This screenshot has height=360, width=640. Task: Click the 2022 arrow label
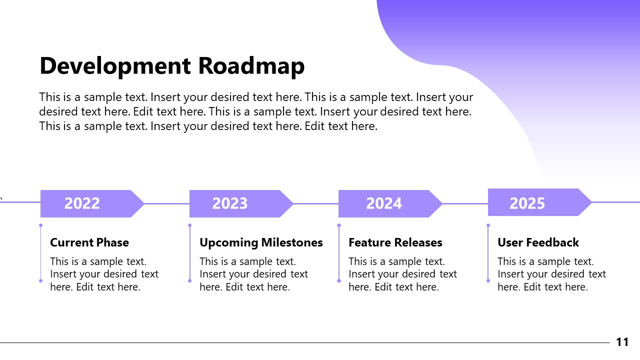tap(82, 203)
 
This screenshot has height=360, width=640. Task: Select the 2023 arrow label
tap(230, 203)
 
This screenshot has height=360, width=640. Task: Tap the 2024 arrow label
tap(383, 203)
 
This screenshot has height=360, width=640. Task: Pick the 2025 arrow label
tap(527, 203)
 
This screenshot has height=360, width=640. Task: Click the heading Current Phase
tap(89, 242)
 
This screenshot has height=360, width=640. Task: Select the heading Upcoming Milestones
tap(261, 242)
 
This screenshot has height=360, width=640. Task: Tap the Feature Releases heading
tap(395, 242)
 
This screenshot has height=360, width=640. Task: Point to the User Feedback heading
tap(538, 242)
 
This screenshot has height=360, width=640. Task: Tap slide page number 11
tap(622, 342)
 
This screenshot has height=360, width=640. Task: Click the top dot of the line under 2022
tap(41, 225)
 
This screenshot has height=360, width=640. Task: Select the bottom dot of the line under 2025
tap(488, 280)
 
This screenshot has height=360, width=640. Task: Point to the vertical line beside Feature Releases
tap(339, 252)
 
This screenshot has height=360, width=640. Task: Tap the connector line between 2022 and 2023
tap(167, 203)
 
